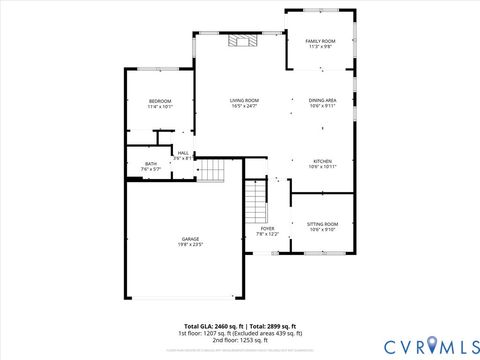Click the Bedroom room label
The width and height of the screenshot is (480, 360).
click(x=160, y=101)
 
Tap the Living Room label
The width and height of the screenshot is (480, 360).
click(x=244, y=100)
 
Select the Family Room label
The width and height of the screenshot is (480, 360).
click(x=320, y=40)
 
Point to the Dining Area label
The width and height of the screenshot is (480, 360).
click(x=322, y=100)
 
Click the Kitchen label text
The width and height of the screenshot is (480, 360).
click(x=322, y=161)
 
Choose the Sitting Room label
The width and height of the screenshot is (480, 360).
click(x=322, y=224)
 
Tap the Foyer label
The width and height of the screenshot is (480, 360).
click(x=267, y=228)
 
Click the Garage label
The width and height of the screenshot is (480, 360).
click(x=190, y=239)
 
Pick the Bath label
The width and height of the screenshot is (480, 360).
click(x=151, y=164)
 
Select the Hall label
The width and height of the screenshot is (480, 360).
click(x=183, y=153)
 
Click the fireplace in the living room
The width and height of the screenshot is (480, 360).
click(x=240, y=41)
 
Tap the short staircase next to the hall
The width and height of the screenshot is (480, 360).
click(x=211, y=172)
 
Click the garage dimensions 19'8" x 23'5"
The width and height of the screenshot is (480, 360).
click(x=190, y=244)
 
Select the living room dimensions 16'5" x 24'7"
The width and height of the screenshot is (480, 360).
click(x=244, y=106)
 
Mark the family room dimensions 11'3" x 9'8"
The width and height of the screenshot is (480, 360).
click(x=320, y=46)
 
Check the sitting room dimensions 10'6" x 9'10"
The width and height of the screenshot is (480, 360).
click(x=322, y=229)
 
